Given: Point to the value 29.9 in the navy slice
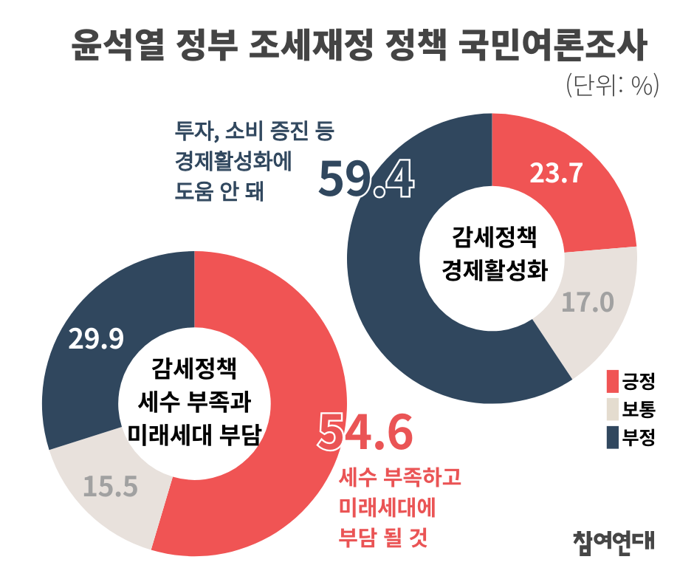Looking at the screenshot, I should tap(95, 338).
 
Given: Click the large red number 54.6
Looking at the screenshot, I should tap(364, 434).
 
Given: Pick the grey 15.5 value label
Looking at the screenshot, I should tap(110, 486).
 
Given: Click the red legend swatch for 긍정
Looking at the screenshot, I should tap(611, 381).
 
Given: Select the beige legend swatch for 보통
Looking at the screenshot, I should tap(611, 409).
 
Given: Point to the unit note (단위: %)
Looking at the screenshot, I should tap(611, 86).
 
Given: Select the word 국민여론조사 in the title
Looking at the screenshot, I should tap(553, 46).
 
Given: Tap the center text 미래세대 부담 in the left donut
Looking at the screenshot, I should tap(194, 432).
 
